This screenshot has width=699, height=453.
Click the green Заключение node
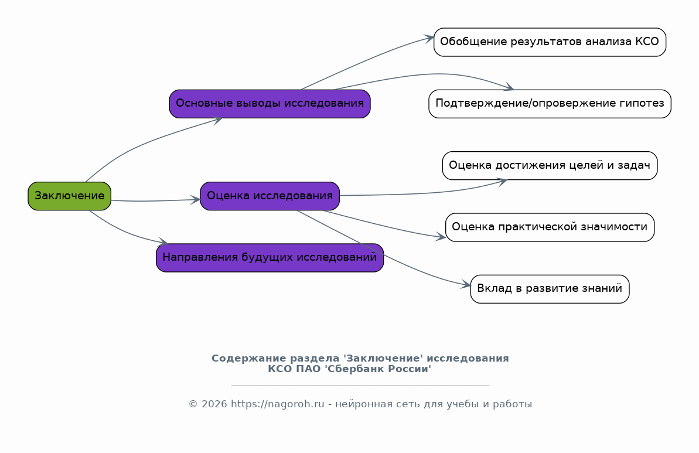pos(69,196)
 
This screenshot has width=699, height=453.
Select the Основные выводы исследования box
pos(270,104)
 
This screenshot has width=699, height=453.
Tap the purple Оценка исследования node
pos(270,196)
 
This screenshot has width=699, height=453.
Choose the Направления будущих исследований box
pos(270,258)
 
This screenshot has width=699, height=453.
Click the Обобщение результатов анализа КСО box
pos(550,42)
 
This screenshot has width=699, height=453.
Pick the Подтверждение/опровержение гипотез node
pos(550,104)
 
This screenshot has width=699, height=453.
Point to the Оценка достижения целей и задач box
pos(550,165)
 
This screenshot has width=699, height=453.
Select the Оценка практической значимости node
pos(550,227)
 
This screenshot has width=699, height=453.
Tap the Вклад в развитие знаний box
pos(550,289)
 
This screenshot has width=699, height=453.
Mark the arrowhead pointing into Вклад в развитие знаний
pos(466,286)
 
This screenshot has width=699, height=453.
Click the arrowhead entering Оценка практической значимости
pos(441,237)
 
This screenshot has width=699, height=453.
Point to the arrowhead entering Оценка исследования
pos(196,200)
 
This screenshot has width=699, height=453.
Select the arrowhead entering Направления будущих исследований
pos(163,242)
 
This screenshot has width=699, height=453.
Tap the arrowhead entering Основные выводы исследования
pos(218,120)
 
